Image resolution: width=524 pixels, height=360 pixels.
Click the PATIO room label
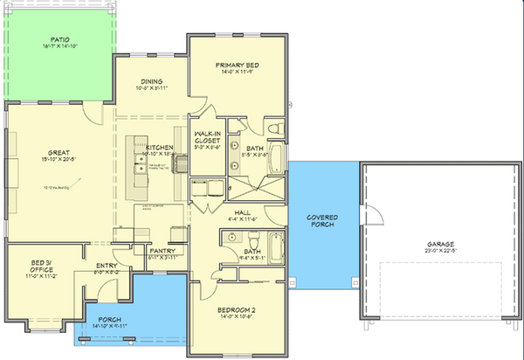pyautogui.click(x=59, y=39)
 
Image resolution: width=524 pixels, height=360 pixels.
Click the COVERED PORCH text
pyautogui.click(x=322, y=219)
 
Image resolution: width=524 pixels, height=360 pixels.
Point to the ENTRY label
pyautogui.click(x=105, y=265)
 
